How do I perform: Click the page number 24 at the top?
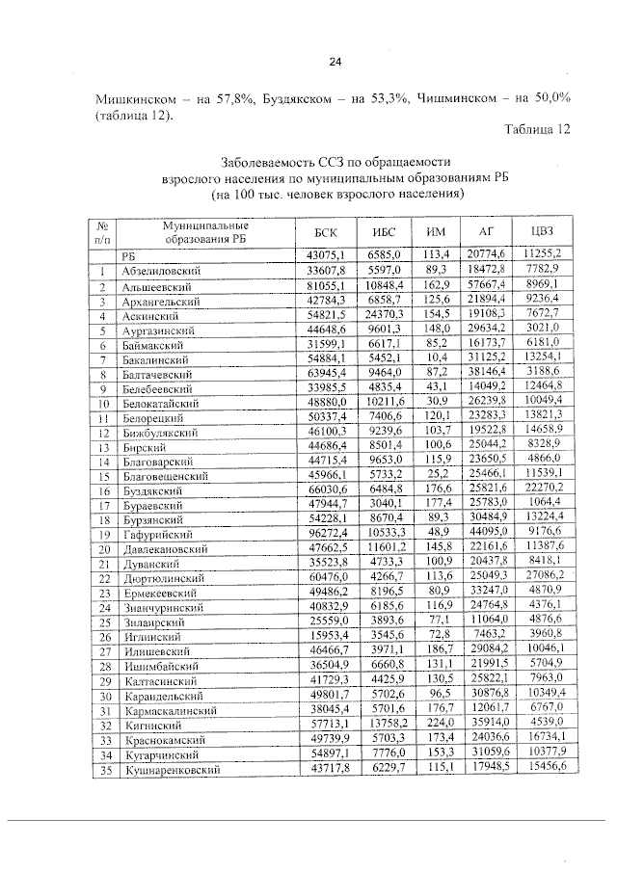tap(335, 63)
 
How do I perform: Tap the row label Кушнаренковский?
tap(166, 770)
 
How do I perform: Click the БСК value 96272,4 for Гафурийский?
tap(328, 533)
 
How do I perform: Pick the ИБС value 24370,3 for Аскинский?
tap(383, 314)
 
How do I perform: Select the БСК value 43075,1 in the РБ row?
tap(326, 254)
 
